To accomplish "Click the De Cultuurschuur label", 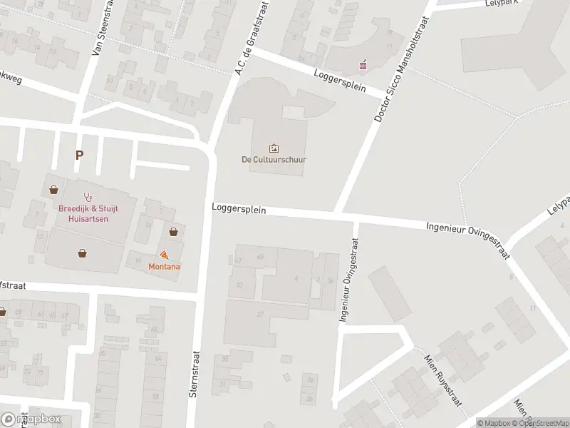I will pos(274,160).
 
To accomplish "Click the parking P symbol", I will pos(78,155).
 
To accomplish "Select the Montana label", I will pos(164,266).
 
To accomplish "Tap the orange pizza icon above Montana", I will pos(165,255).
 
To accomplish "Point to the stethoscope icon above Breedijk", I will pos(88,194).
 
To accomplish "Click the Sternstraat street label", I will pos(193,376).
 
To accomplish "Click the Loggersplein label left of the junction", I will pos(239,210).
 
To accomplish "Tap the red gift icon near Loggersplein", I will pos(363,65).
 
